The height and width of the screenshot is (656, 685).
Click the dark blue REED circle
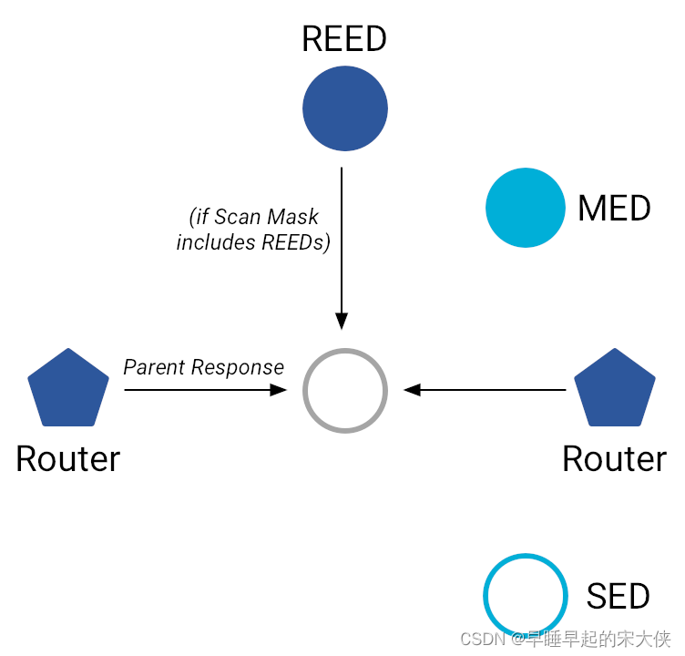345,108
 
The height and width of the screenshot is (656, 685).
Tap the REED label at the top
344,39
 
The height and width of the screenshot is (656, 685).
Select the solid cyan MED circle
526,208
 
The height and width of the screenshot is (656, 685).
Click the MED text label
614,209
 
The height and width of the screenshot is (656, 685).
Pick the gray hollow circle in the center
345,390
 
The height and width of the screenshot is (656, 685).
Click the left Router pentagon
68,389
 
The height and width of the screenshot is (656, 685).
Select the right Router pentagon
615,389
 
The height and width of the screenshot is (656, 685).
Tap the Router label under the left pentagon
68,458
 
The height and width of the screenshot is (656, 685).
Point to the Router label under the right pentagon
615,458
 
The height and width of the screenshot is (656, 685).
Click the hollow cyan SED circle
526,596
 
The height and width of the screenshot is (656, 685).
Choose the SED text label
618,597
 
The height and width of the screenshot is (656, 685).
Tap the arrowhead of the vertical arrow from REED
342,321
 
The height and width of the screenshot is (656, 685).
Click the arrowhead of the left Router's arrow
278,390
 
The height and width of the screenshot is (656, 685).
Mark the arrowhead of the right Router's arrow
412,390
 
